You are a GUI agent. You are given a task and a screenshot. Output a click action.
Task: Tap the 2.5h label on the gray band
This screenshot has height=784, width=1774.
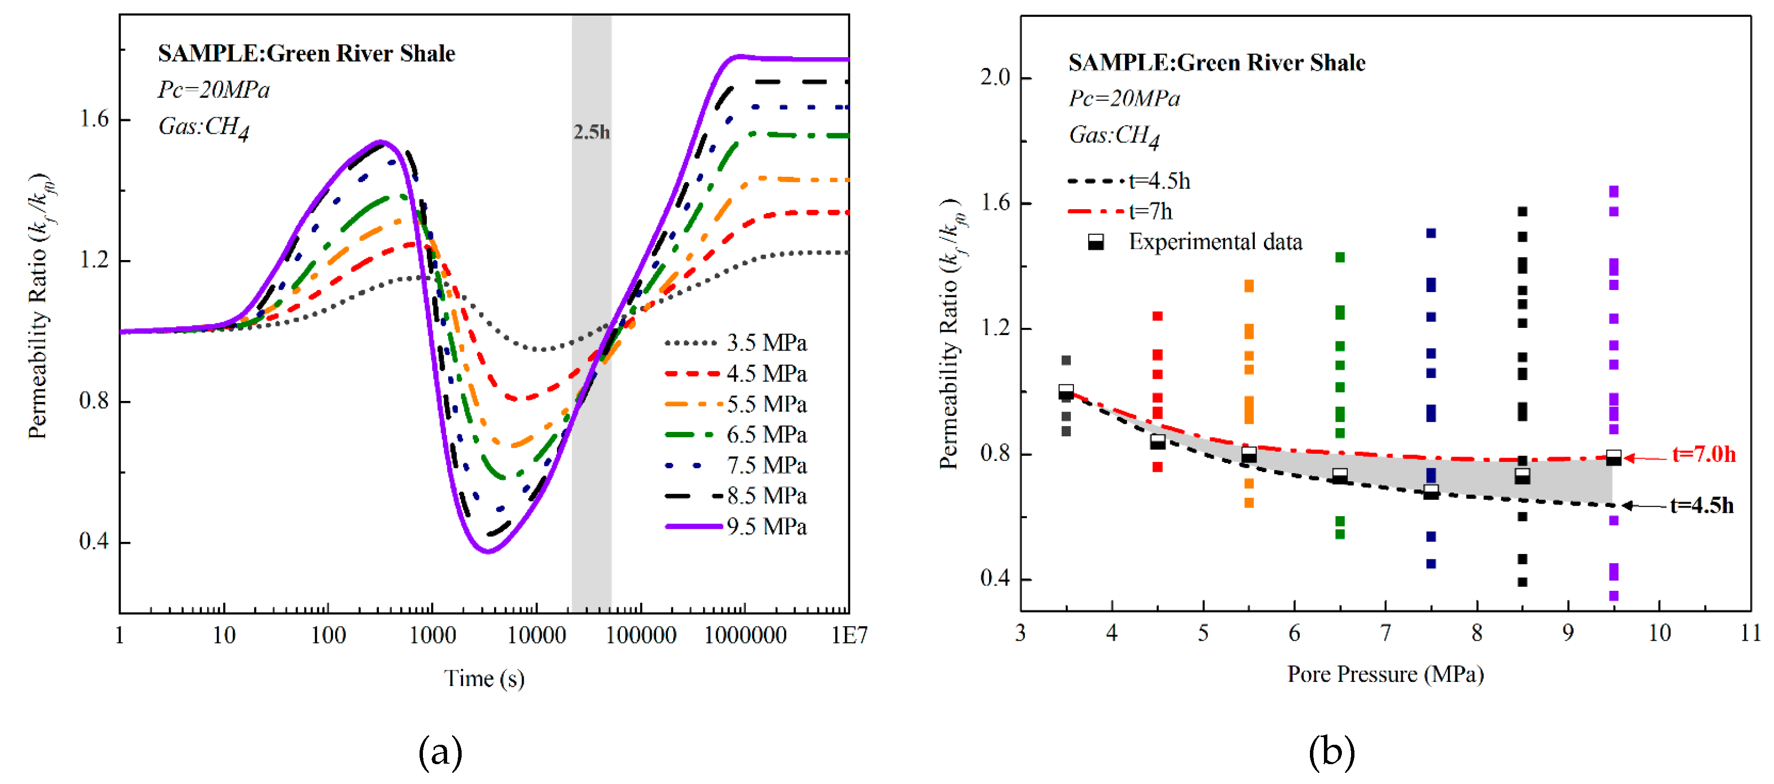click(591, 132)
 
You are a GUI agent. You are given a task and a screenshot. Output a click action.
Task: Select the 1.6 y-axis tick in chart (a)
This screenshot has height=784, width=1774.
click(94, 119)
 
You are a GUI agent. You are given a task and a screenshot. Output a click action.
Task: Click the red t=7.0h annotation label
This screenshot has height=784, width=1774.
click(1704, 455)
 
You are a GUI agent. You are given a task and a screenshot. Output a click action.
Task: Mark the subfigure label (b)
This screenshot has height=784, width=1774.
click(1331, 753)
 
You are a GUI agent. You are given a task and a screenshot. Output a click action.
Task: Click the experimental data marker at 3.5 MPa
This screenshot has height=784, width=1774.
click(1066, 392)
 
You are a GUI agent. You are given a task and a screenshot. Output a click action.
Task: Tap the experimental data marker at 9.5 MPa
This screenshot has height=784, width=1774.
click(1613, 458)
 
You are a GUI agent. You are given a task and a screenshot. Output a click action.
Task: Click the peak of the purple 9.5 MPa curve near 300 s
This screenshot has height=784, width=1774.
click(381, 142)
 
